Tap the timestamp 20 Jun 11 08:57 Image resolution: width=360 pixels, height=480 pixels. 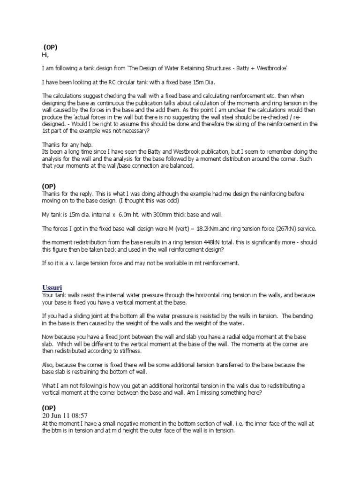point(65,416)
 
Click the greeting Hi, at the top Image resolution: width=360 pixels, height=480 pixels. point(45,54)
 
